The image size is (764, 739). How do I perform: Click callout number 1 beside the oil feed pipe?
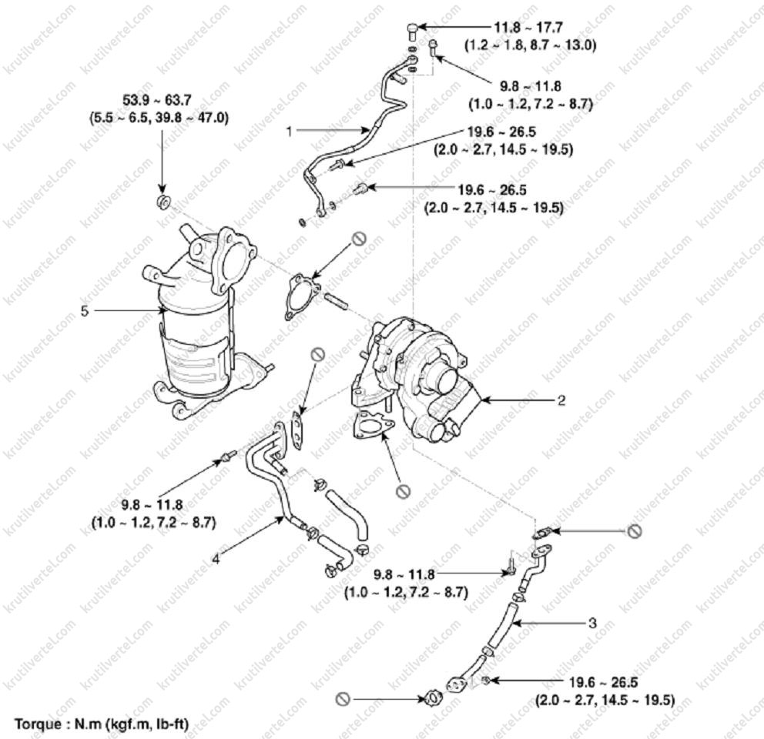[x=290, y=131]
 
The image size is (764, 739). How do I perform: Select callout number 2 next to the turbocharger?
[x=561, y=400]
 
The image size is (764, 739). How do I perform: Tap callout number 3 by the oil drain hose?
[x=592, y=623]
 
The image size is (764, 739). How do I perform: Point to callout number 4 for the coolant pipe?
[x=216, y=559]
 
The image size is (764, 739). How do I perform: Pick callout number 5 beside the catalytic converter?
[x=85, y=311]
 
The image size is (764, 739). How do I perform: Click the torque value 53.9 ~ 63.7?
[x=157, y=100]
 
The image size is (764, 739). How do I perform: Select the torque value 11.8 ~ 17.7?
[x=528, y=28]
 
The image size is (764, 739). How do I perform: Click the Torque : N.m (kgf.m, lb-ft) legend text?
[x=102, y=724]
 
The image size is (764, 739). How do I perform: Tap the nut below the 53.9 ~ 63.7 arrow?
[x=163, y=201]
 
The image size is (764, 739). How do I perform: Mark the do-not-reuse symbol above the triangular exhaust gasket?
[x=359, y=238]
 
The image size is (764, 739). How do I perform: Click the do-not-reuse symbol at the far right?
[x=635, y=531]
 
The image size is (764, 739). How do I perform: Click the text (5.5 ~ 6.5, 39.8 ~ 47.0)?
[x=159, y=118]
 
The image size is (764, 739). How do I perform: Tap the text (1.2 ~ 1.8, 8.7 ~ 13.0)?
[x=530, y=45]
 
